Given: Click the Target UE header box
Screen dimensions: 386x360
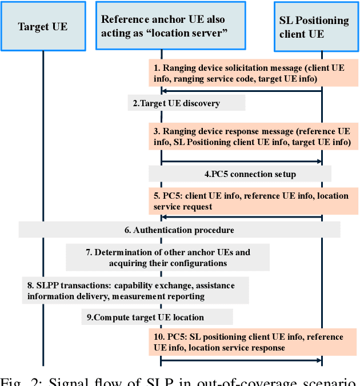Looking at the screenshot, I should [43, 26].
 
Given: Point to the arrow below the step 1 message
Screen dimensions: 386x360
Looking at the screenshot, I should [241, 91].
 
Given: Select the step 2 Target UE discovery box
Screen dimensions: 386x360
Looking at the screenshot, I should [186, 103].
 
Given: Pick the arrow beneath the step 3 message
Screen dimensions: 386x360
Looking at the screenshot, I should [241, 162].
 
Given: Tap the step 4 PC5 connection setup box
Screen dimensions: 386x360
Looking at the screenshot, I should [240, 174].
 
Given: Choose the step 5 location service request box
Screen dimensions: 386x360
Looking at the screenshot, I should [253, 201].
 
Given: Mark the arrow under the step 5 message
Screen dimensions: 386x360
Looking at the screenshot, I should [241, 217].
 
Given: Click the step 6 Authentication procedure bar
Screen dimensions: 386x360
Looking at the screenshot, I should [179, 230].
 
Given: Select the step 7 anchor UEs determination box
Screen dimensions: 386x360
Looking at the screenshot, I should [168, 258].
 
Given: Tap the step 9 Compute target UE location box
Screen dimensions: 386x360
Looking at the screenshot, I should [157, 317].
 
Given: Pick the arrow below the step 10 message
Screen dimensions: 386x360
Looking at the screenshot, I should [241, 360].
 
